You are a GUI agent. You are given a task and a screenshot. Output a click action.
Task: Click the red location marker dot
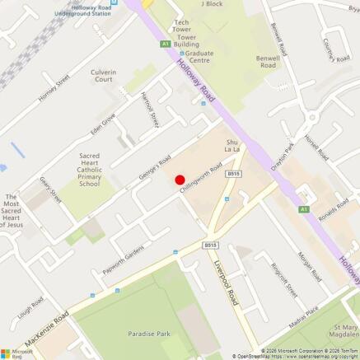[x=179, y=180]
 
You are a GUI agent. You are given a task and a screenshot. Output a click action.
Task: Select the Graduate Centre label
[x=199, y=55]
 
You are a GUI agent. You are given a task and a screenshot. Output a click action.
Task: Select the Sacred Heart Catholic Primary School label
[x=90, y=170]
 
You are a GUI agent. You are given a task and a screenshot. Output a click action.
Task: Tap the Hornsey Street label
[x=54, y=89]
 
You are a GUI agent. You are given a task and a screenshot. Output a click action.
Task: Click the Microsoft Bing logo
[x=16, y=351]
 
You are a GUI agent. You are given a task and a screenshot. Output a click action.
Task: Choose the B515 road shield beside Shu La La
[x=234, y=174]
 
